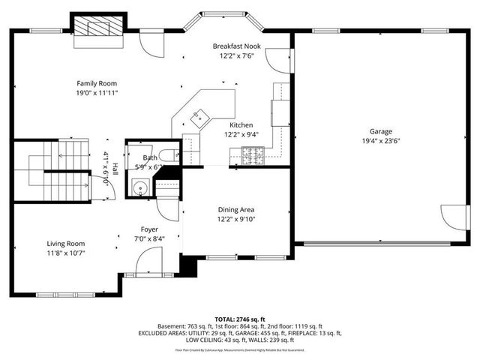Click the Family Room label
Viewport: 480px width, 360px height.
pyautogui.click(x=97, y=83)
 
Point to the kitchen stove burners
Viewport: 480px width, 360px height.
pyautogui.click(x=253, y=155)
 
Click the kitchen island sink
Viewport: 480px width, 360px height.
pyautogui.click(x=199, y=116)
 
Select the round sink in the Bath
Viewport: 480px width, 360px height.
pyautogui.click(x=139, y=187)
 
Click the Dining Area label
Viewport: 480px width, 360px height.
pyautogui.click(x=236, y=209)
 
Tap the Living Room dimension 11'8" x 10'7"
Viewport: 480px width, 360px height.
pyautogui.click(x=66, y=253)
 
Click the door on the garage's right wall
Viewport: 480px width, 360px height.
pyautogui.click(x=451, y=217)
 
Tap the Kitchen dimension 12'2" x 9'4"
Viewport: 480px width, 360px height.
pyautogui.click(x=241, y=135)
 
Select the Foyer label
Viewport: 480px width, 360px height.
pyautogui.click(x=148, y=229)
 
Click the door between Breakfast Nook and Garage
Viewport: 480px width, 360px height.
pyautogui.click(x=281, y=61)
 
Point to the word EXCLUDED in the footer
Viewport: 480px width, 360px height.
pyautogui.click(x=154, y=333)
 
